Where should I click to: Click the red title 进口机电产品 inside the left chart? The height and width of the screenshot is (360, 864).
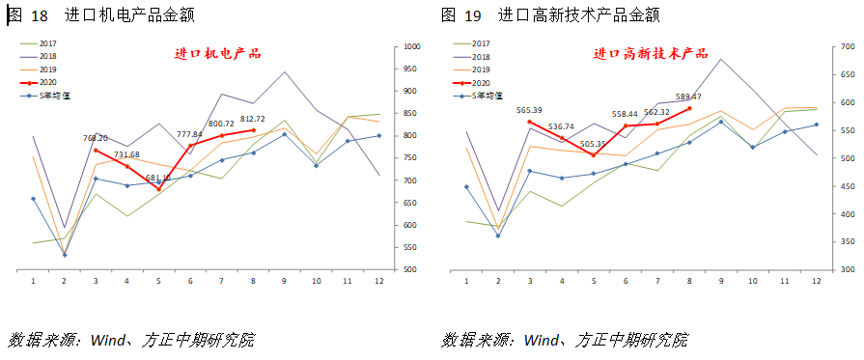pos(217,54)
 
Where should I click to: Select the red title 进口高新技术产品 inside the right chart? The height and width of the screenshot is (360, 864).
pos(650,54)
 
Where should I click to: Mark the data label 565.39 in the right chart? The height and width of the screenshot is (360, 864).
pos(529,110)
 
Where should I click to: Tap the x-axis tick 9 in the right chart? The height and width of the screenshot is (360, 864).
pos(720,281)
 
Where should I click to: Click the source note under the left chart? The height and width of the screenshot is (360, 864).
pos(131,340)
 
